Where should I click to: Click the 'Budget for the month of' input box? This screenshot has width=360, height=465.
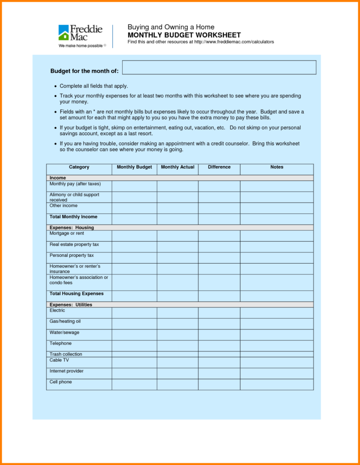pyautogui.click(x=219, y=68)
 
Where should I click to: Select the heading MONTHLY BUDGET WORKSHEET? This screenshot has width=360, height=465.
pyautogui.click(x=184, y=35)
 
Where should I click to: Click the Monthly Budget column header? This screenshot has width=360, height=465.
pyautogui.click(x=134, y=167)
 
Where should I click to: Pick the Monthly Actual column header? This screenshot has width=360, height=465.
pyautogui.click(x=177, y=167)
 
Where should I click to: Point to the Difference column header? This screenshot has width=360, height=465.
pyautogui.click(x=219, y=167)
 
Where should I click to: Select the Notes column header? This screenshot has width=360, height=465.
pyautogui.click(x=277, y=167)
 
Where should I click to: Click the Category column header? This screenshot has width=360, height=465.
pyautogui.click(x=79, y=167)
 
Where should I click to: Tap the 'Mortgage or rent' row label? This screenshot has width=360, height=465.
pyautogui.click(x=67, y=233)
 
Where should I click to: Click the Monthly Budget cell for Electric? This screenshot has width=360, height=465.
pyautogui.click(x=134, y=313)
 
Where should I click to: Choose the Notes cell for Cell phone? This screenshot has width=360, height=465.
pyautogui.click(x=277, y=384)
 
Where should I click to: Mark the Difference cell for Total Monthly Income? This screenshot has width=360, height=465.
pyautogui.click(x=219, y=219)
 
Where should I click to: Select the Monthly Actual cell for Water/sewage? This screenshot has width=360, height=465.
pyautogui.click(x=177, y=335)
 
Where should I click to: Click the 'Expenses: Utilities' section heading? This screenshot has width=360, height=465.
pyautogui.click(x=70, y=305)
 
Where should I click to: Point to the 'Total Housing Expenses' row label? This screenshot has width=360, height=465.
pyautogui.click(x=76, y=293)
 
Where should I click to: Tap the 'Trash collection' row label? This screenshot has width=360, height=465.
pyautogui.click(x=66, y=354)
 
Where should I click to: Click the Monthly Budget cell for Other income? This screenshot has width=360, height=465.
pyautogui.click(x=134, y=208)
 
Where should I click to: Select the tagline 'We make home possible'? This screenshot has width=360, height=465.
pyautogui.click(x=81, y=46)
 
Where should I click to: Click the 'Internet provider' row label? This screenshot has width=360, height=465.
pyautogui.click(x=67, y=371)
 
